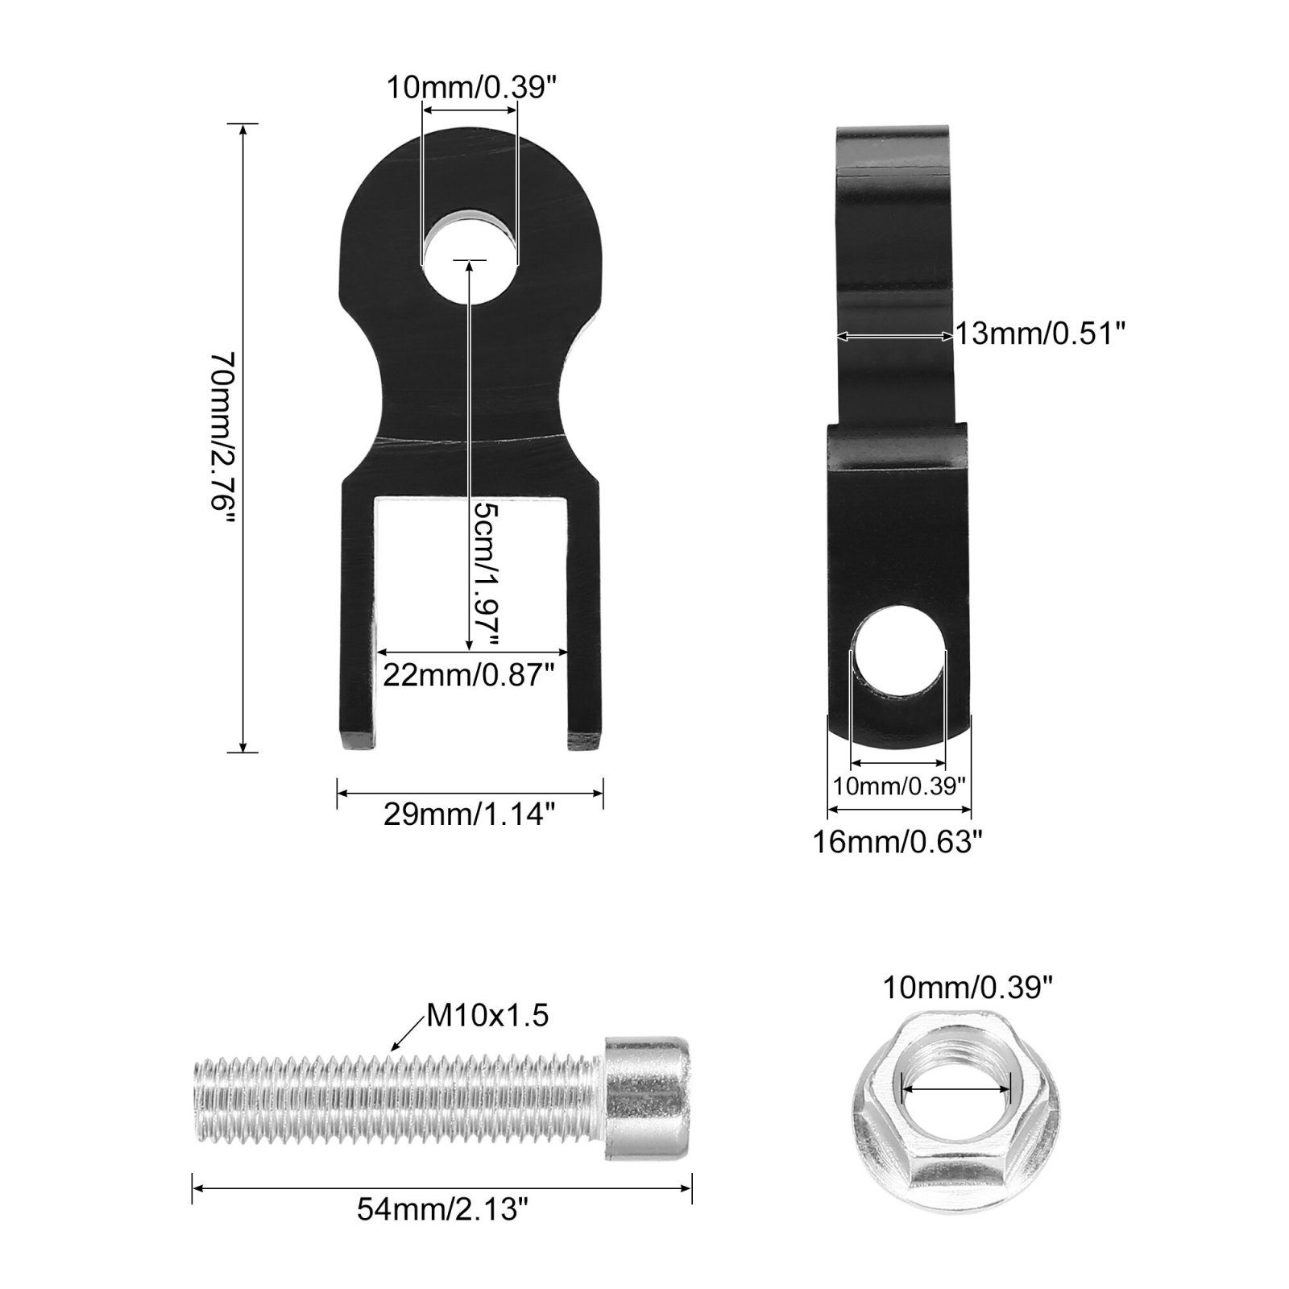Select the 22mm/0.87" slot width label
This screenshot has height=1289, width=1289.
(469, 674)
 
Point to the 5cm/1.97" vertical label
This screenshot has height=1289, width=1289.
(487, 574)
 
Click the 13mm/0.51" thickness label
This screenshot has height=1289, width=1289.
(1038, 332)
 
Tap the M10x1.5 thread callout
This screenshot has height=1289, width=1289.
(487, 1016)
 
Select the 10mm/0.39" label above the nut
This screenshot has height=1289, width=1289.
(968, 986)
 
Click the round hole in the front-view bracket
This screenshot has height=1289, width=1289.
(470, 256)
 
